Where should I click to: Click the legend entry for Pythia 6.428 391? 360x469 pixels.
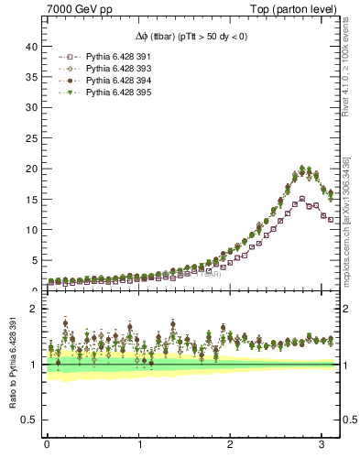tap(95, 57)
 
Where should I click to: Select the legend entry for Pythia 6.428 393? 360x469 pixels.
tap(95, 69)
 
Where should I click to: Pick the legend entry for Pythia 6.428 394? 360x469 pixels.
tap(95, 81)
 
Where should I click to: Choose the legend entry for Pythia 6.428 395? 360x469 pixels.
tap(95, 93)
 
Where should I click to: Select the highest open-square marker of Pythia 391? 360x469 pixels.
tap(301, 199)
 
